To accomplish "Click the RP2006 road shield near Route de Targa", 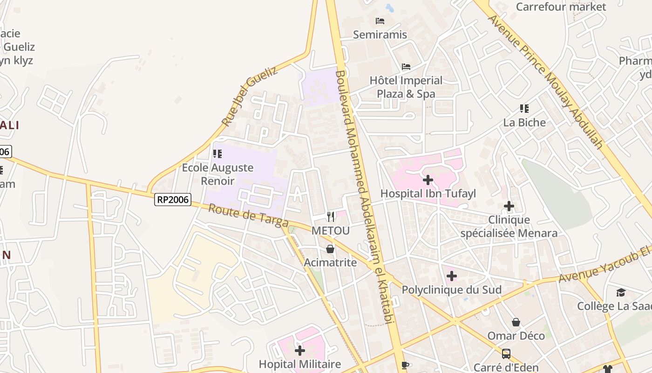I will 173,200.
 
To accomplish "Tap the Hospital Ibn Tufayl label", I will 428,193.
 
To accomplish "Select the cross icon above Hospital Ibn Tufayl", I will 428,180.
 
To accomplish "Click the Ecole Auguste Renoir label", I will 217,174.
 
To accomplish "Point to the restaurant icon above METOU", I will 330,216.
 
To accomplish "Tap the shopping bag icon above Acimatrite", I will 330,249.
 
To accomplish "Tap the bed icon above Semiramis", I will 380,21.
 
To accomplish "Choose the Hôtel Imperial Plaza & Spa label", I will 406,87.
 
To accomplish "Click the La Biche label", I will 524,123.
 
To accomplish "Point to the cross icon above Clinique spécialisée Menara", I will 509,206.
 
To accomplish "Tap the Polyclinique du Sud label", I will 451,290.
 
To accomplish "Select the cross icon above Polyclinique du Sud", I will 451,276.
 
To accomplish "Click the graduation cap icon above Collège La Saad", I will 621,292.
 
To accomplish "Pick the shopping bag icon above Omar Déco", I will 516,322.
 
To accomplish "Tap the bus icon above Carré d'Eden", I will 506,354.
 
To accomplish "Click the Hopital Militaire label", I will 300,364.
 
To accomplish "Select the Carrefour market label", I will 561,7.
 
